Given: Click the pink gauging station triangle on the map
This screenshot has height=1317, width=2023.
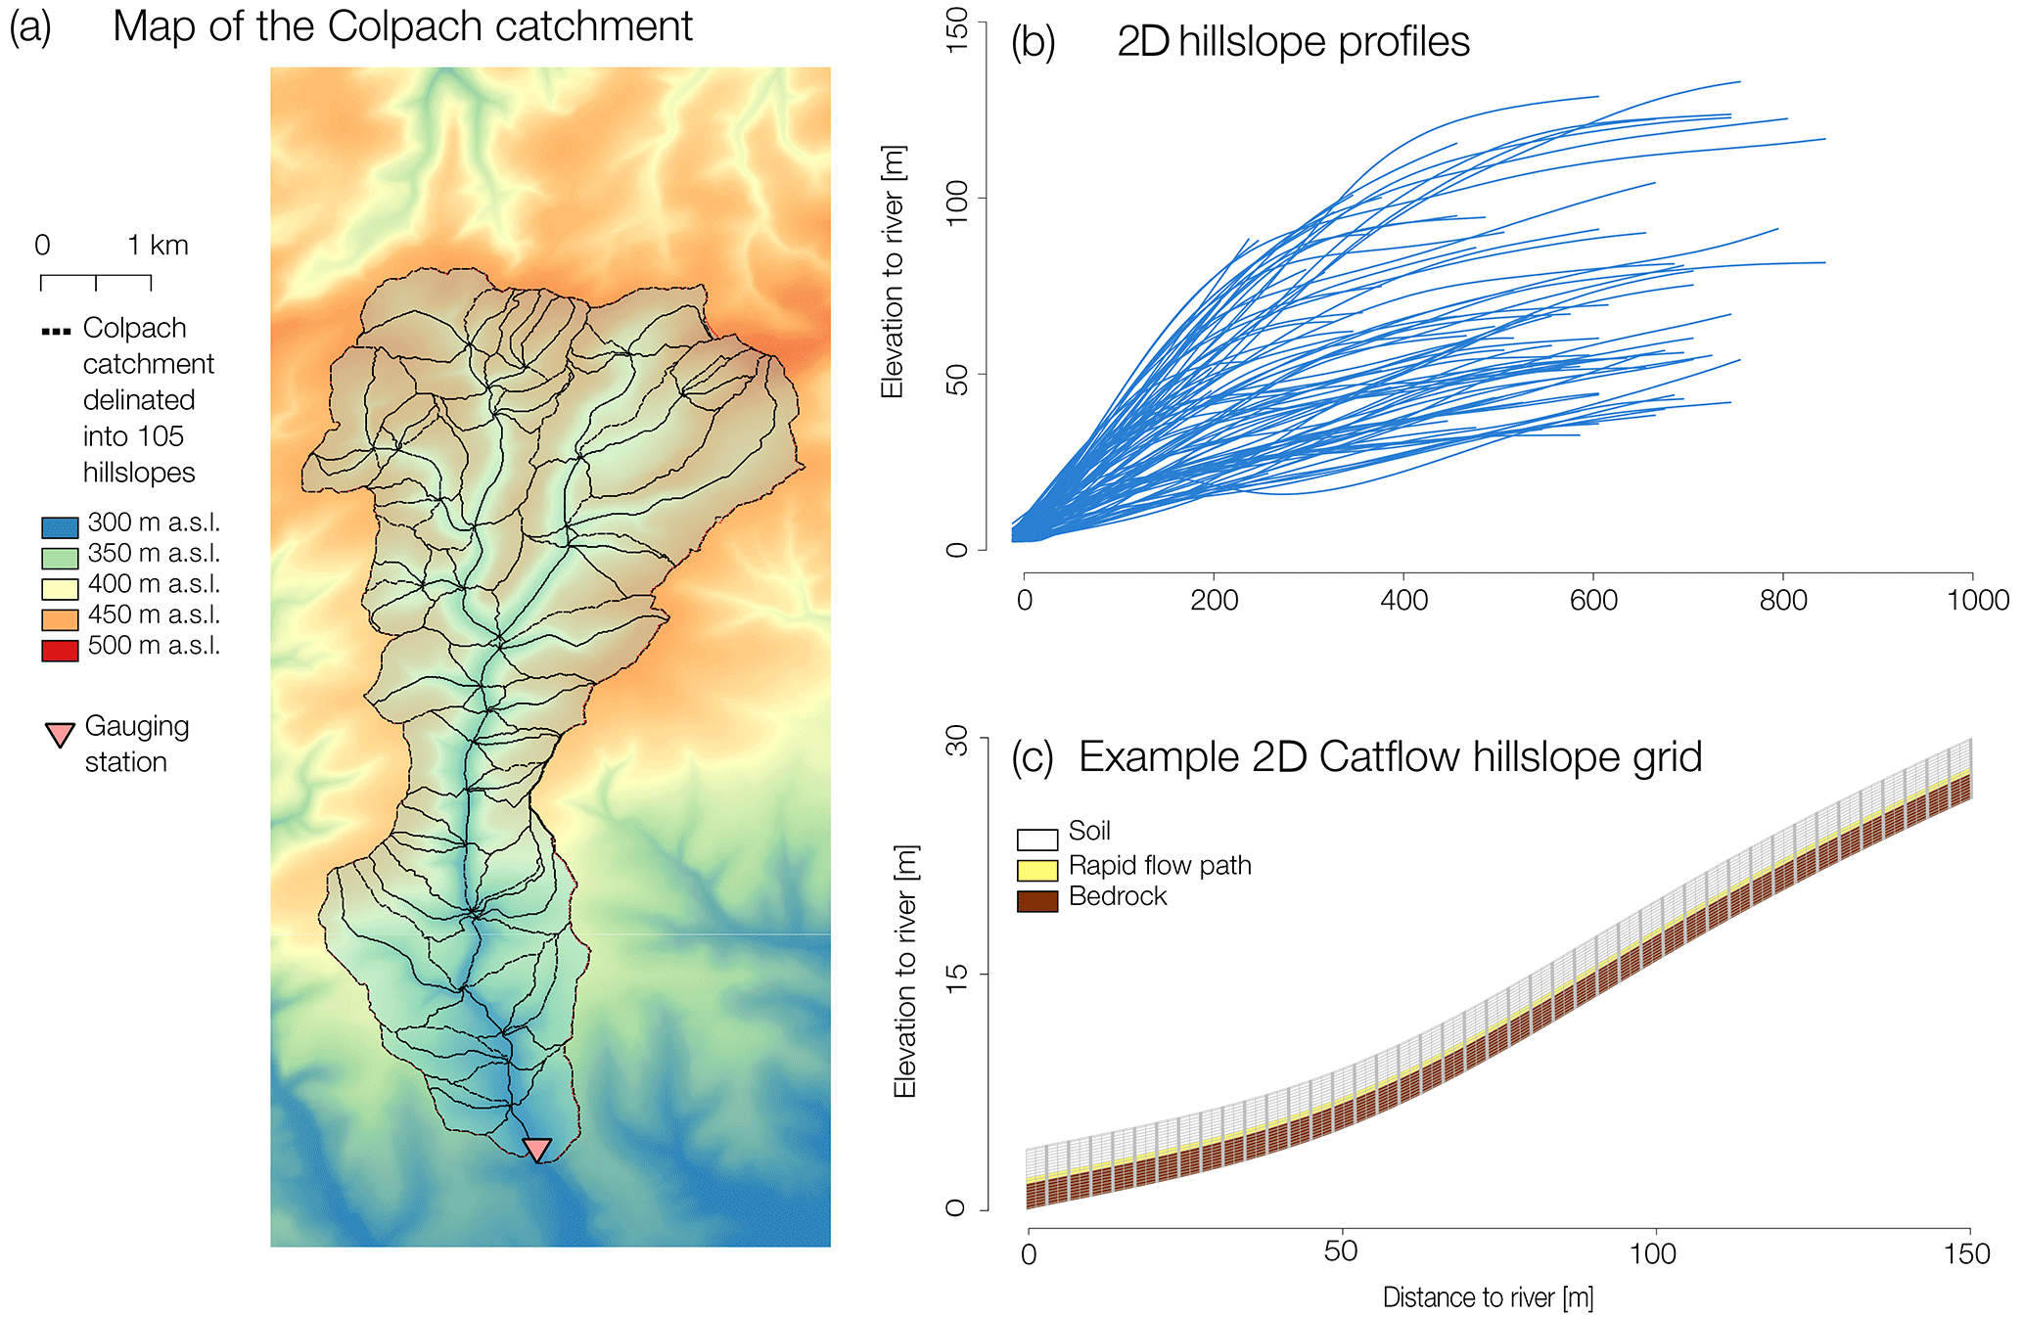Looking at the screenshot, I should coord(536,1149).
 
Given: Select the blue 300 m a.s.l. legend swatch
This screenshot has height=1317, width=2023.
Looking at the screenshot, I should coord(60,527).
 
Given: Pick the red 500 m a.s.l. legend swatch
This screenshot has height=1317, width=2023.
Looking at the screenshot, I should coord(60,650).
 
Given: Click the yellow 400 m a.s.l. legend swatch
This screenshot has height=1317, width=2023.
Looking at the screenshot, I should coord(60,588).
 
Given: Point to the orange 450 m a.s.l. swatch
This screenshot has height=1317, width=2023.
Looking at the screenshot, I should coord(60,619).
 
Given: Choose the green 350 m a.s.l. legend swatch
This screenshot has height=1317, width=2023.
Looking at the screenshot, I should coord(60,558).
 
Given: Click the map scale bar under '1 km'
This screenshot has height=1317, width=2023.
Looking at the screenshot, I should coord(96,282).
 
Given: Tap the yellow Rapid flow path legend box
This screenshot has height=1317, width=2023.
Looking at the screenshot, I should coord(1037,870).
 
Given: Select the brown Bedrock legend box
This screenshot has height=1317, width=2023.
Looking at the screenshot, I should coord(1037,901).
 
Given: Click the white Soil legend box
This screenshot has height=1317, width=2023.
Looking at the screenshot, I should coord(1037,839).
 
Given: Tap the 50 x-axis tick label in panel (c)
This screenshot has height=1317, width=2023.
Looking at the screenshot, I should coord(1341,1251).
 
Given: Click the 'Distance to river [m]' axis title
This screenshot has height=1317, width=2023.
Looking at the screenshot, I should coord(1488,1297).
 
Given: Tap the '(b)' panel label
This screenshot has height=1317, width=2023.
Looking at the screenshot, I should coord(1033,42).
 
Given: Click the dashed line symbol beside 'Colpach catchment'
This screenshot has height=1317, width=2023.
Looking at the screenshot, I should coord(57,332).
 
